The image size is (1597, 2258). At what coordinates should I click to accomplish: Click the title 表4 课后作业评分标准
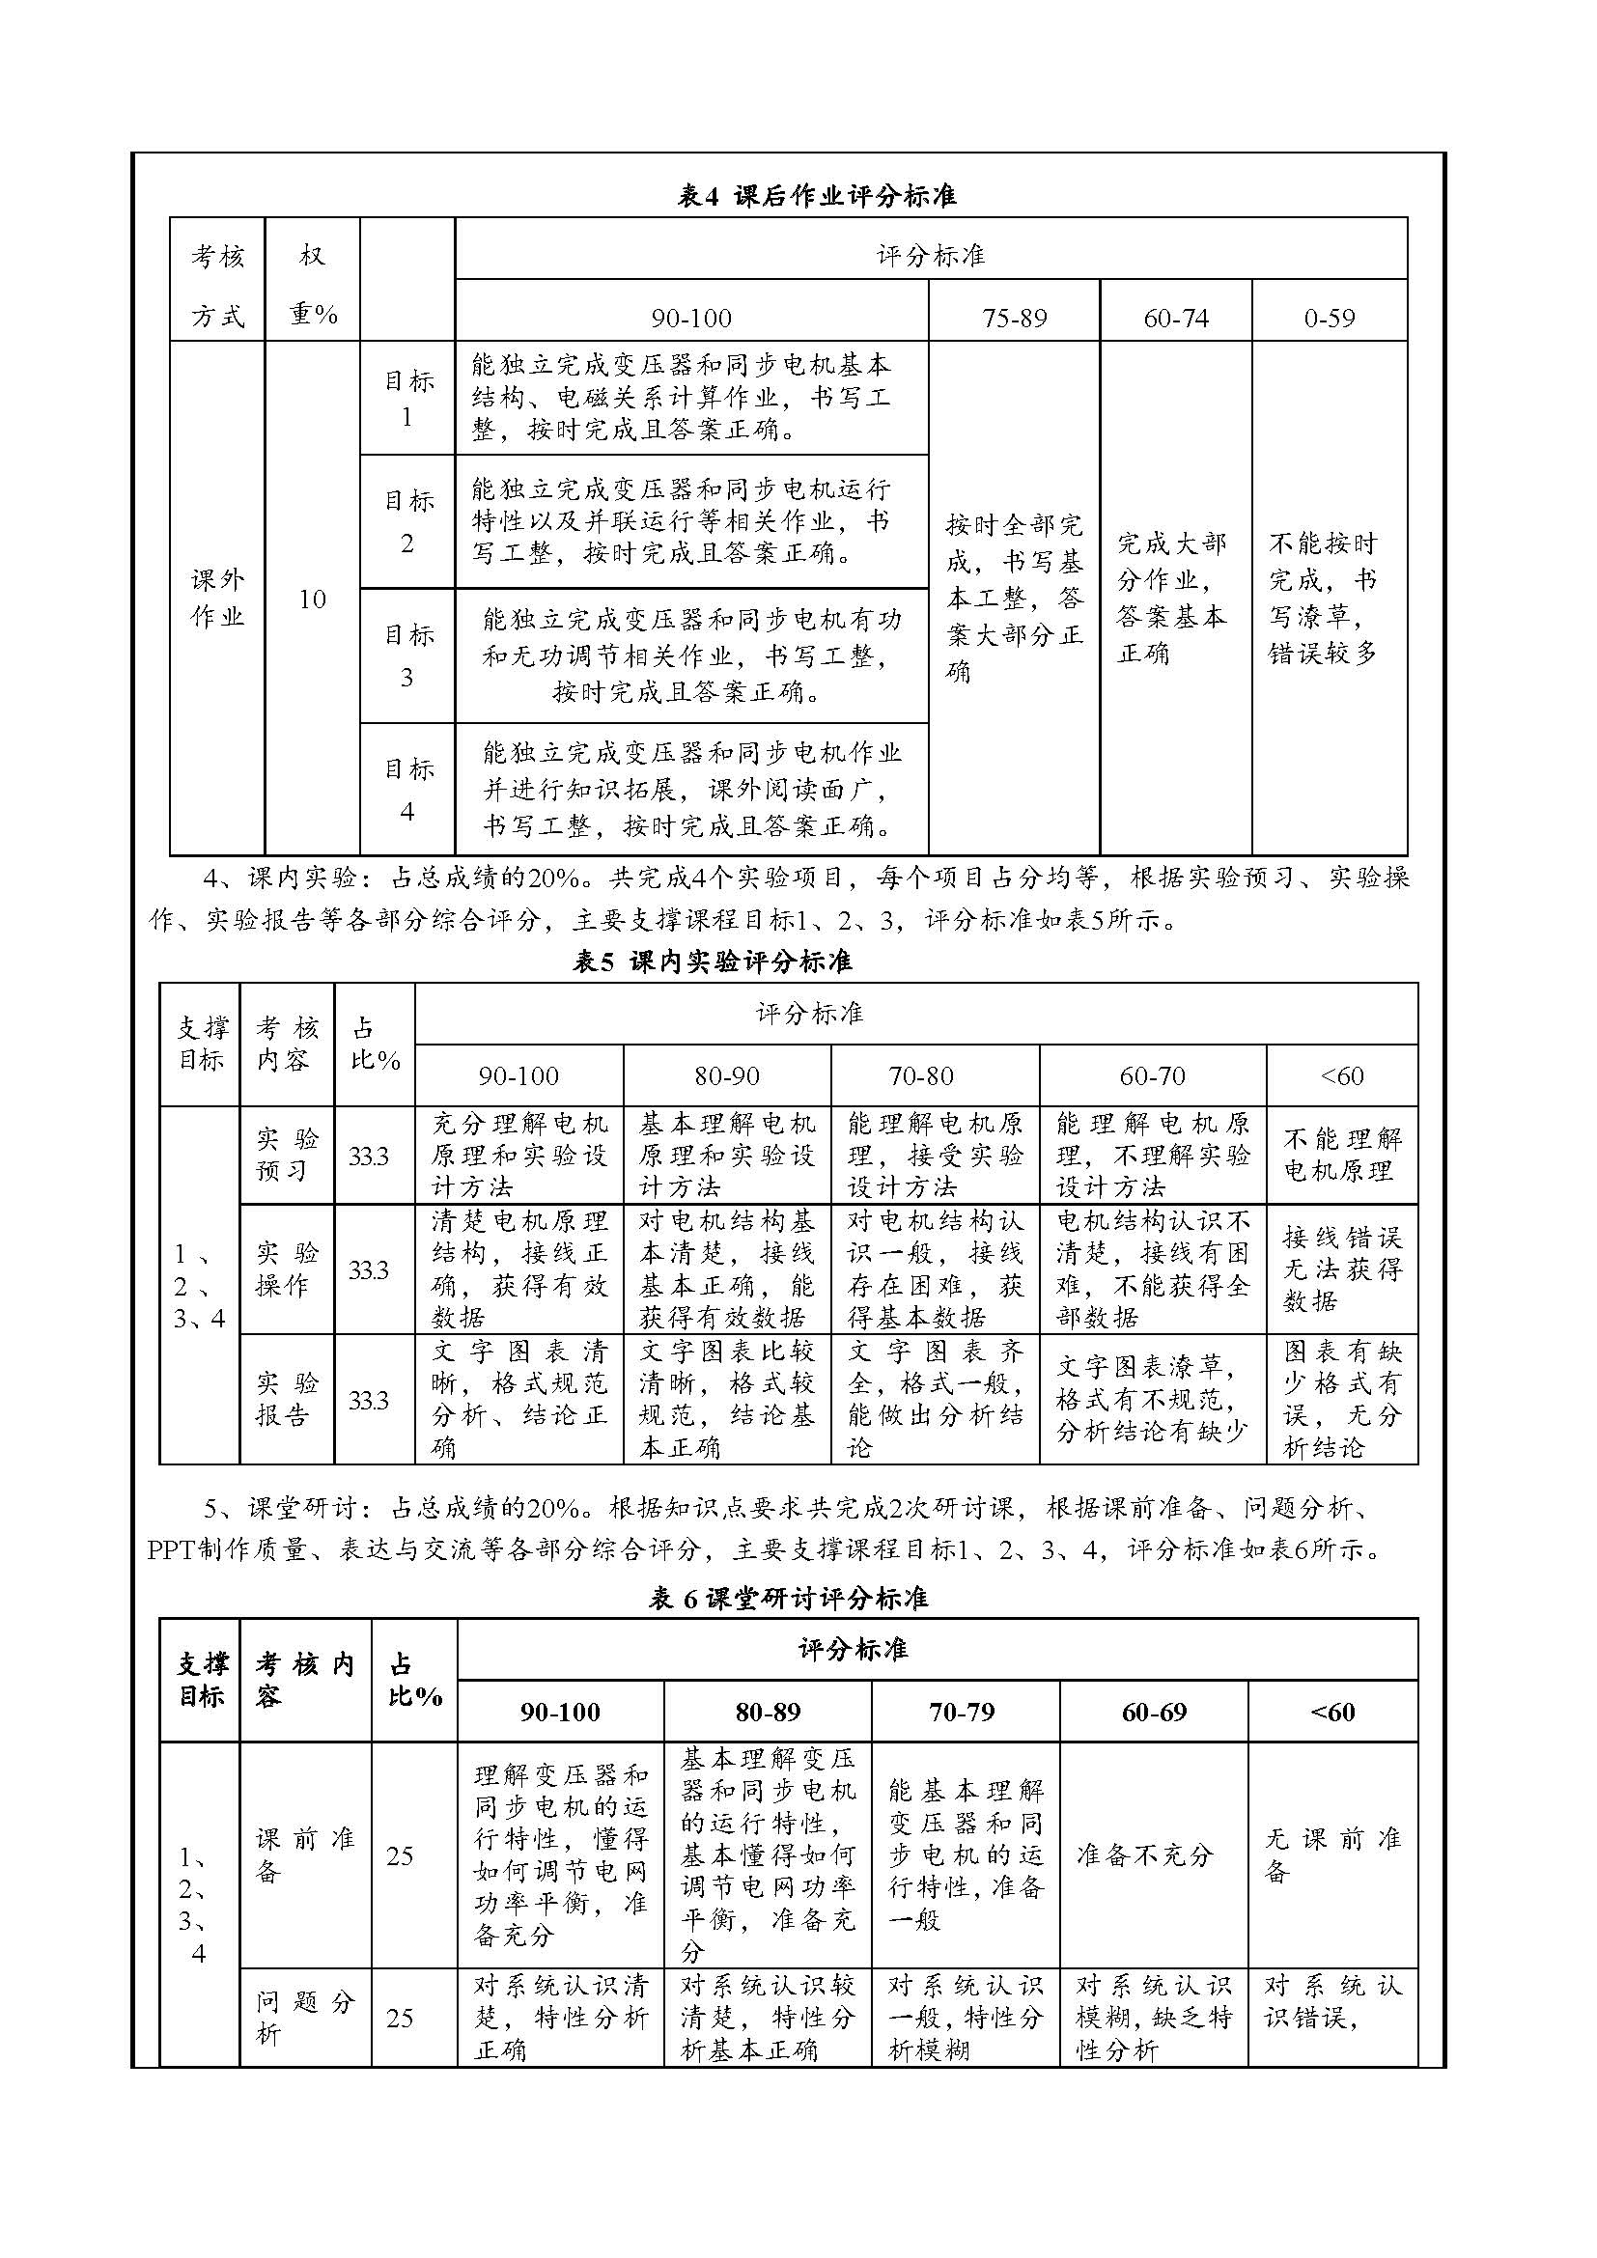coord(817,196)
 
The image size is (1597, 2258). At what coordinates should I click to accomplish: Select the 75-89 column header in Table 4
coord(1014,318)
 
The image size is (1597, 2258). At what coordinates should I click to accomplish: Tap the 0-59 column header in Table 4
coord(1329,318)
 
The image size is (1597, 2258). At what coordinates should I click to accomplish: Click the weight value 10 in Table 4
coord(312,599)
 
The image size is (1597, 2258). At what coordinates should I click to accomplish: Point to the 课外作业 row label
coord(217,598)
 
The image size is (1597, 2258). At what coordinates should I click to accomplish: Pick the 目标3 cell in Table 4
coord(407,655)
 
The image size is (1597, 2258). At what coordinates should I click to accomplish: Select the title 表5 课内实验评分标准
coord(712,961)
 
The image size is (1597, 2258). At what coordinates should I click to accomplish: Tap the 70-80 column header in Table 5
coord(921,1075)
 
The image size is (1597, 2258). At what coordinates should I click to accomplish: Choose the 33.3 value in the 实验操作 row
coord(369,1270)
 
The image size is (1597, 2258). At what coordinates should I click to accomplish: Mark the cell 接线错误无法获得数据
coord(1341,1268)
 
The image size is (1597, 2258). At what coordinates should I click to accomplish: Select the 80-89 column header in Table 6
coord(768,1713)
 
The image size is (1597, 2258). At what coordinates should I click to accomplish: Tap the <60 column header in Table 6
coord(1332,1713)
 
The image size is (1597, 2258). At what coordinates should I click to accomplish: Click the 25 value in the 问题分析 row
coord(401,2018)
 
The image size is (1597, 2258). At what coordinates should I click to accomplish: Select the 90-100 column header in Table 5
coord(518,1075)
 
